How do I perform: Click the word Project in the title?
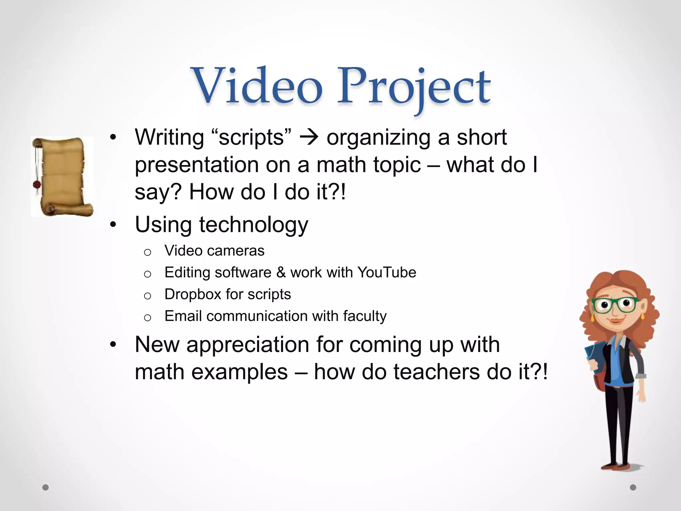(414, 87)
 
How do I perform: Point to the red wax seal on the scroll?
(37, 184)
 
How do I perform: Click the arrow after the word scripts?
(309, 137)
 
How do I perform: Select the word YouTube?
(387, 272)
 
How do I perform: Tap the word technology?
(253, 225)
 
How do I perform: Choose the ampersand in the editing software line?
(281, 272)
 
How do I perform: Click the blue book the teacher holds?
(595, 360)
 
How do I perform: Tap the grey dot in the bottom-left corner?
(46, 487)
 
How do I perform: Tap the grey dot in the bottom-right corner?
(633, 487)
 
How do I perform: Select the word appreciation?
(248, 345)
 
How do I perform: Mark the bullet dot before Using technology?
(113, 225)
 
